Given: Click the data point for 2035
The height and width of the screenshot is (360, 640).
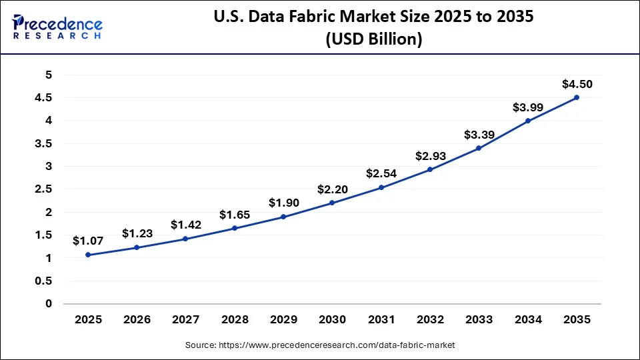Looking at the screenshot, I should (x=577, y=97).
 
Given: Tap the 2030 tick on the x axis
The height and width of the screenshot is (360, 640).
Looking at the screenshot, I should (x=332, y=320).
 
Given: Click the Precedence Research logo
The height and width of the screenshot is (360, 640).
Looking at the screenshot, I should (x=57, y=26).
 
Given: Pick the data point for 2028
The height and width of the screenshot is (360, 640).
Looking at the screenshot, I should (x=235, y=228).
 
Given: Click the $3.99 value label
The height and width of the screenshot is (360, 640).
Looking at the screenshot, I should (x=527, y=107).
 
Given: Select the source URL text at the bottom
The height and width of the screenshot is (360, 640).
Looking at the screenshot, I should (x=320, y=345).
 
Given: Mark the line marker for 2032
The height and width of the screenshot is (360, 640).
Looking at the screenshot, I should (x=430, y=169).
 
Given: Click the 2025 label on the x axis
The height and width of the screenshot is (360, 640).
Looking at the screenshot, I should (x=88, y=320).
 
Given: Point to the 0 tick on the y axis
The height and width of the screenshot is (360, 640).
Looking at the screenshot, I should (x=48, y=304).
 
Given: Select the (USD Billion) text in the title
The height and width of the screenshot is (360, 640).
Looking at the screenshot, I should (x=373, y=40).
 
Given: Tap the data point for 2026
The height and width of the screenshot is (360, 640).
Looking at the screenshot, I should (x=137, y=247).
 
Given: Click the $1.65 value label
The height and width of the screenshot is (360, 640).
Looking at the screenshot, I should (x=235, y=215).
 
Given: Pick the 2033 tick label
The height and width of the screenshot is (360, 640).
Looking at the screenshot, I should (x=479, y=320).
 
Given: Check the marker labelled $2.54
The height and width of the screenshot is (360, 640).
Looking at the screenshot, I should (x=381, y=187).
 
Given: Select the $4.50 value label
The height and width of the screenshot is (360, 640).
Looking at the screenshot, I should (x=577, y=84).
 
